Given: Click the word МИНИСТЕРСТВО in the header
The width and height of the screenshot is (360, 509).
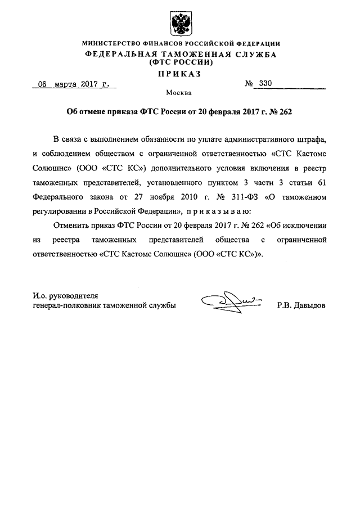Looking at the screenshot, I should click(111, 44).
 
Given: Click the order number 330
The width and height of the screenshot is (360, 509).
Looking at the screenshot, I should click(265, 84).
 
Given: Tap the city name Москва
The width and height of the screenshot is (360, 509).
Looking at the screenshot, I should click(180, 93).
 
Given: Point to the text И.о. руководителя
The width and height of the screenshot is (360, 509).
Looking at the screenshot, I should click(66, 295).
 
